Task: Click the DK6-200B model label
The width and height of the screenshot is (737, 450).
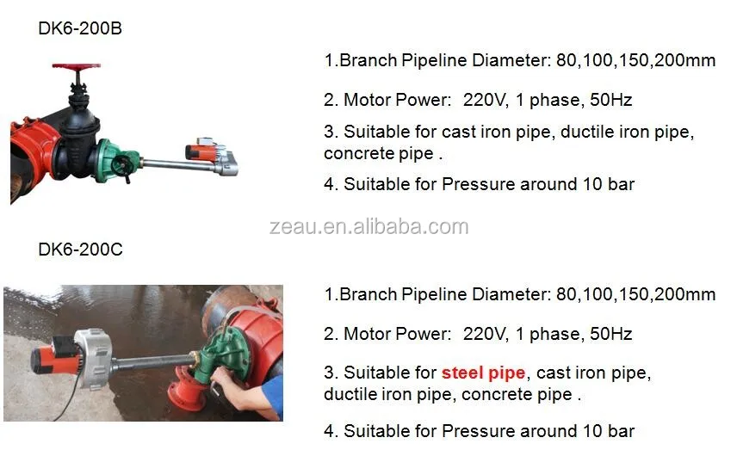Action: click(80, 28)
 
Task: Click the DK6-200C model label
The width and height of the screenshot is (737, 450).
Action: click(80, 250)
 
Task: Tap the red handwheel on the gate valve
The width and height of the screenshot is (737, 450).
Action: click(77, 65)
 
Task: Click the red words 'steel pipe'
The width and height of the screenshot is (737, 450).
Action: click(483, 373)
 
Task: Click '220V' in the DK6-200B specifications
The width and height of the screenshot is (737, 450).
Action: click(481, 100)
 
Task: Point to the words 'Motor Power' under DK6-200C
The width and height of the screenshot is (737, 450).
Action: click(397, 333)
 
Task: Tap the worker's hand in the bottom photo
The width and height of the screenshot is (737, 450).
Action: click(223, 379)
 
